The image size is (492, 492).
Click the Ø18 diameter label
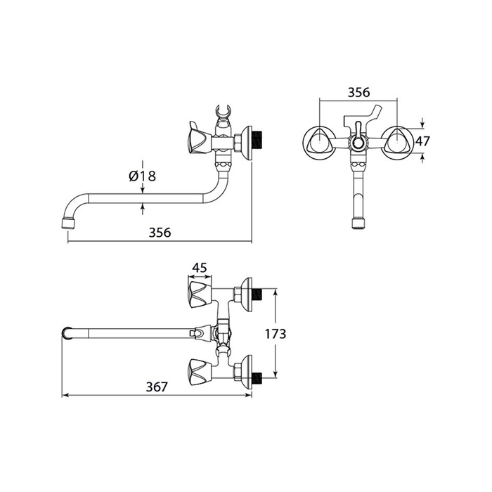coord(142,176)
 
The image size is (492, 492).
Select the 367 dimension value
coord(157,387)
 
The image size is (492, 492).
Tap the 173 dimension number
coord(276,334)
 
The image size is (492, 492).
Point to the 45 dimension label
coord(200,268)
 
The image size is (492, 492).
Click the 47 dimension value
coord(422,141)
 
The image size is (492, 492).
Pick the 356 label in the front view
coord(359,92)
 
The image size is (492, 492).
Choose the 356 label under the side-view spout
coord(160,233)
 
